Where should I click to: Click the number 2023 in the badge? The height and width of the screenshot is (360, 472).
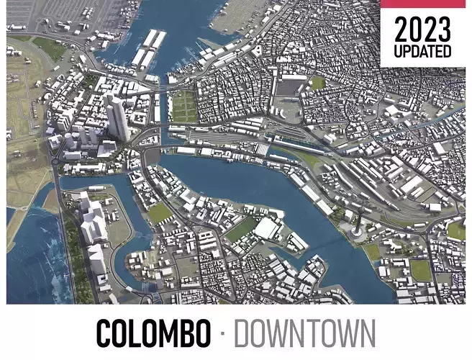click(423, 31)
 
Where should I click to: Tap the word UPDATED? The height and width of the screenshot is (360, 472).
click(423, 52)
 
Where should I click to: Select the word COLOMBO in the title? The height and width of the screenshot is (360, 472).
click(153, 334)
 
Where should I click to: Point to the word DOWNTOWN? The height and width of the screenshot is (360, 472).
click(305, 334)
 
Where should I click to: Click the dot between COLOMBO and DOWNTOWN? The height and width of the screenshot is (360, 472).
click(222, 334)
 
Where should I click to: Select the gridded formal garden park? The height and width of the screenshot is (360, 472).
click(184, 106)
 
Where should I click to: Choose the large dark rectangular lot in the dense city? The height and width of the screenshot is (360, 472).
click(291, 87)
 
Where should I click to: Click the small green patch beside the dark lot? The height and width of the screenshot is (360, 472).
click(317, 83)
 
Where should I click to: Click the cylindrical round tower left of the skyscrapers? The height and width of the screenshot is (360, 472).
click(66, 136)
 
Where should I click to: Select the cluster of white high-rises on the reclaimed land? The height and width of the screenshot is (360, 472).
click(92, 223)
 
